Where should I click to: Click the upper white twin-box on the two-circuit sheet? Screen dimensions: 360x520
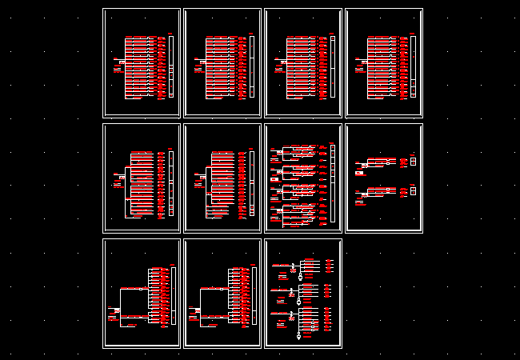click(x=414, y=161)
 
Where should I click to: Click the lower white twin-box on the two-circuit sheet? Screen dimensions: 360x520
click(x=414, y=190)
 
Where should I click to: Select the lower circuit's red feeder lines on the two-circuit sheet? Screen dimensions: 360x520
click(x=381, y=191)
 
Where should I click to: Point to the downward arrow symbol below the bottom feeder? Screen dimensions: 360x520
click(x=298, y=337)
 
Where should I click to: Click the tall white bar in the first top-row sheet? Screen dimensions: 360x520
click(x=170, y=66)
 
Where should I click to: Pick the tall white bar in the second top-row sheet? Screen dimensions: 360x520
click(x=251, y=66)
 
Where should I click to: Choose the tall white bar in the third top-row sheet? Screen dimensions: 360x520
click(x=332, y=66)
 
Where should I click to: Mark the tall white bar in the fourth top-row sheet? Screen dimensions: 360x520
click(x=413, y=66)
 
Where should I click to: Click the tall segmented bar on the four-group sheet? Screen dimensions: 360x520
click(x=332, y=184)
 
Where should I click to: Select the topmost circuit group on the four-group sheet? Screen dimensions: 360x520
click(x=296, y=151)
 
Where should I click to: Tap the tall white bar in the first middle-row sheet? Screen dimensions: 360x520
click(x=170, y=183)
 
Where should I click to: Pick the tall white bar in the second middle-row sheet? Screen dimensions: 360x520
click(x=251, y=183)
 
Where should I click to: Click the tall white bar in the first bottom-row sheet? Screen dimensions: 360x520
click(x=173, y=297)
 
